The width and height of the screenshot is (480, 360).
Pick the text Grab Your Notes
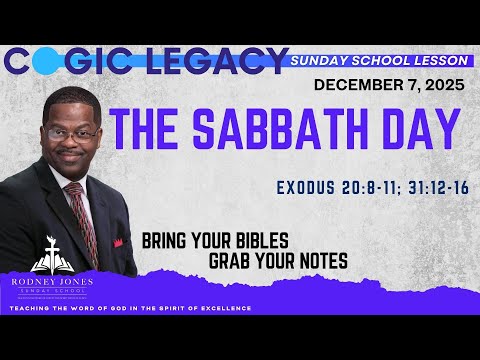pyautogui.click(x=279, y=261)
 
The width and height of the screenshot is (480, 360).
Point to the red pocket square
pyautogui.click(x=118, y=242)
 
